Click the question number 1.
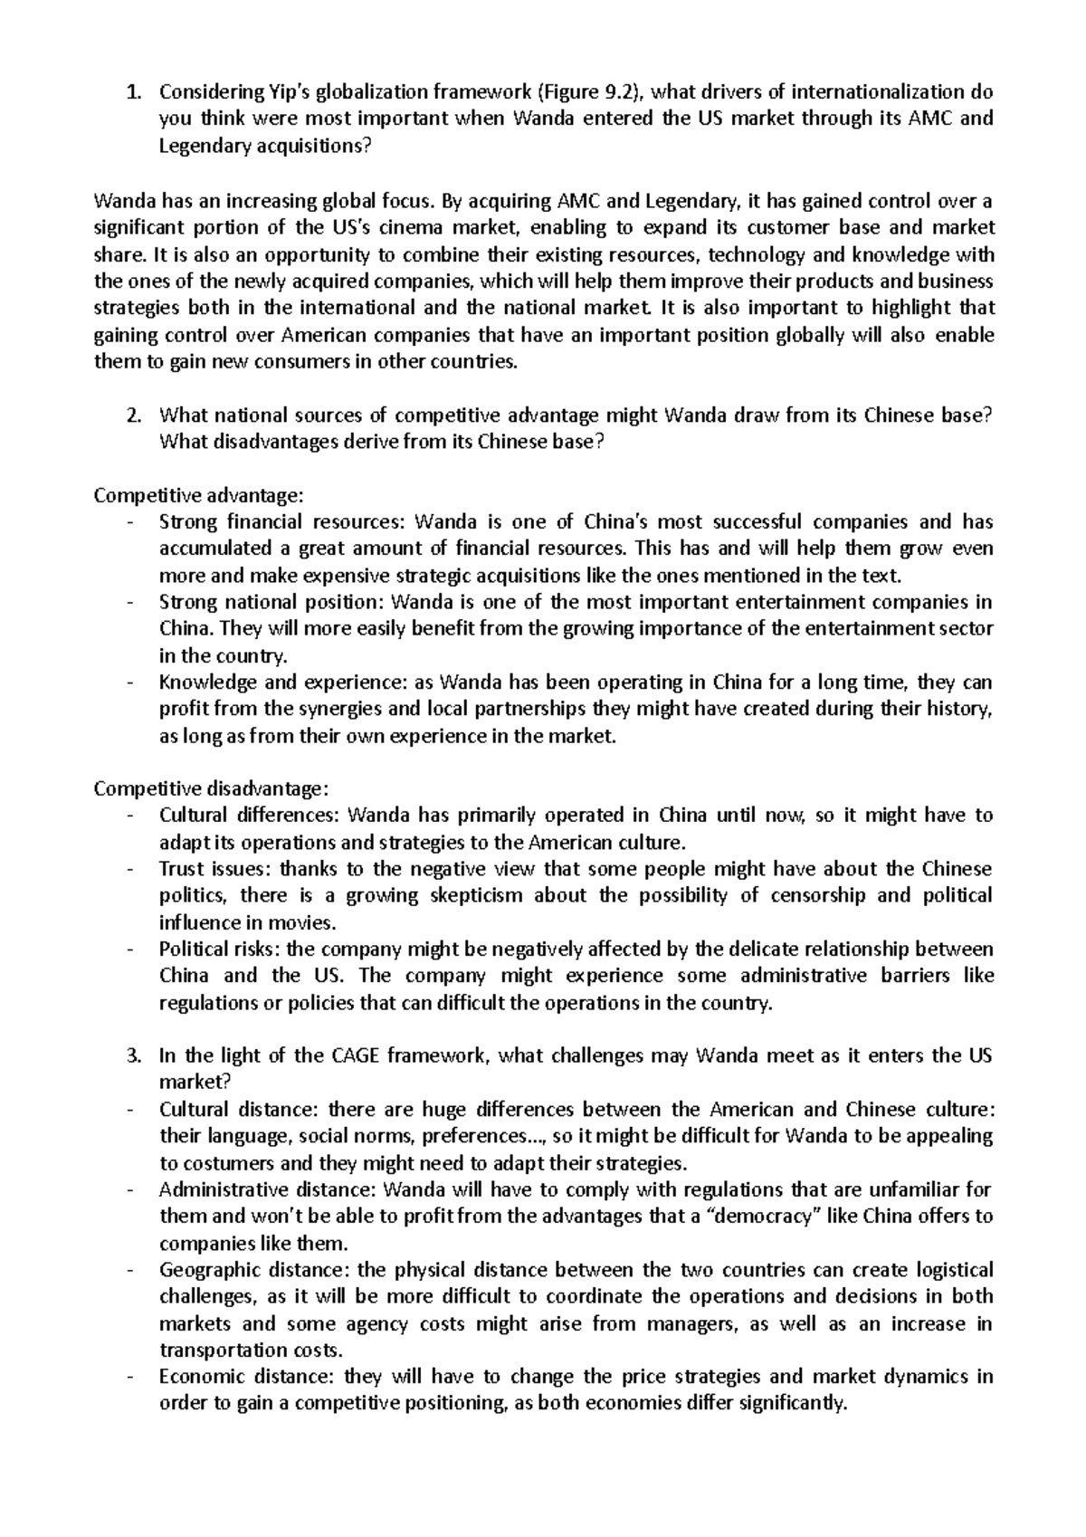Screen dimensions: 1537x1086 133,91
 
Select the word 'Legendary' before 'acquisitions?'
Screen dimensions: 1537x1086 205,146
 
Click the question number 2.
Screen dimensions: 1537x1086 133,415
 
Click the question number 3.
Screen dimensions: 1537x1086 133,1055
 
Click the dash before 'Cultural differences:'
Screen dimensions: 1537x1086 133,816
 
